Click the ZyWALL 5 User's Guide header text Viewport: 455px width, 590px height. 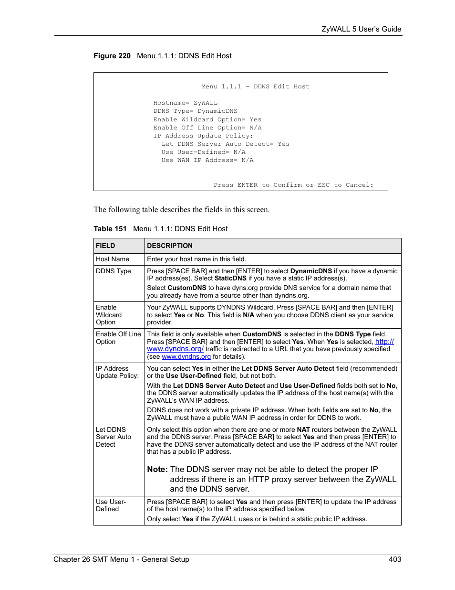pos(361,29)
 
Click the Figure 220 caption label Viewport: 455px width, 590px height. pos(112,56)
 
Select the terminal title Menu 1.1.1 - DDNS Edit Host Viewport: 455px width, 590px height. pos(255,87)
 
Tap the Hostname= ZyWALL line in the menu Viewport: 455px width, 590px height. pos(185,103)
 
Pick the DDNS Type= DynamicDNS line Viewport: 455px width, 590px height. pos(195,111)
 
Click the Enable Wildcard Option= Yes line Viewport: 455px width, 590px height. pos(207,120)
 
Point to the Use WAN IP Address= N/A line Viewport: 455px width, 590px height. pos(207,161)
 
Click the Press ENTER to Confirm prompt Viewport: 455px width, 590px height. pos(293,185)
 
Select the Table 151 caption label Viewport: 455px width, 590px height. pos(110,229)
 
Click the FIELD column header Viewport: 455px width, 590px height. pos(105,246)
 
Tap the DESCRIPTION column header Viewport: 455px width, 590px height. pos(170,246)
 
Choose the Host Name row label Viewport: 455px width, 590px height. pos(113,259)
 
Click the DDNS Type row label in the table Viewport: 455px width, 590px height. pos(114,271)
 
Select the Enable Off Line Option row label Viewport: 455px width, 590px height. pos(118,338)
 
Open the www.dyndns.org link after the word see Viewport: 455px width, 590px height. pos(186,357)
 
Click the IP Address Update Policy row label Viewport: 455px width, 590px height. pos(117,372)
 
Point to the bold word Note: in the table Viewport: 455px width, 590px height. pos(157,470)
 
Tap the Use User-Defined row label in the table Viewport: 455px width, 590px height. pos(111,505)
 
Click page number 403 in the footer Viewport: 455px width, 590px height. pos(394,559)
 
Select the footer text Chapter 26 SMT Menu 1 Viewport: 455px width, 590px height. pos(121,559)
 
